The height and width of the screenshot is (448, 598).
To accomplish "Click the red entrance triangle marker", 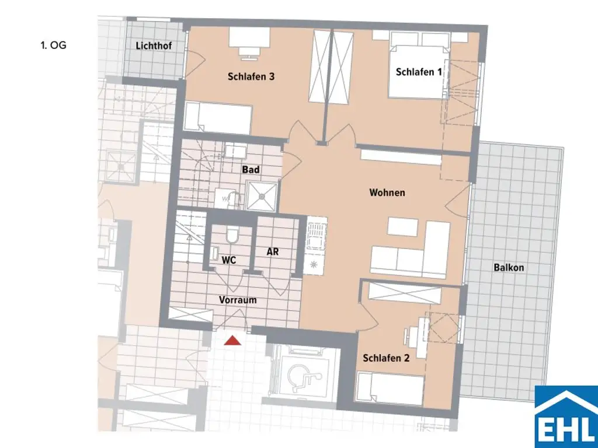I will pos(233,341).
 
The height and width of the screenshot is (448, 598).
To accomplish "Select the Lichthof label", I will pos(154,45).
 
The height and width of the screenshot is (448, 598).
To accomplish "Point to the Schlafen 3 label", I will pos(251,76).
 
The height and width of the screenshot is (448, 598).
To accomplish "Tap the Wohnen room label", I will pos(387,192).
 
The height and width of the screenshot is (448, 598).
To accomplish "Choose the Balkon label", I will pos(509,268).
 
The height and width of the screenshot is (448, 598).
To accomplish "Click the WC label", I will pos(228,260).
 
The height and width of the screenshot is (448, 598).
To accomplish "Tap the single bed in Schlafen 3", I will pos(218,118).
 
